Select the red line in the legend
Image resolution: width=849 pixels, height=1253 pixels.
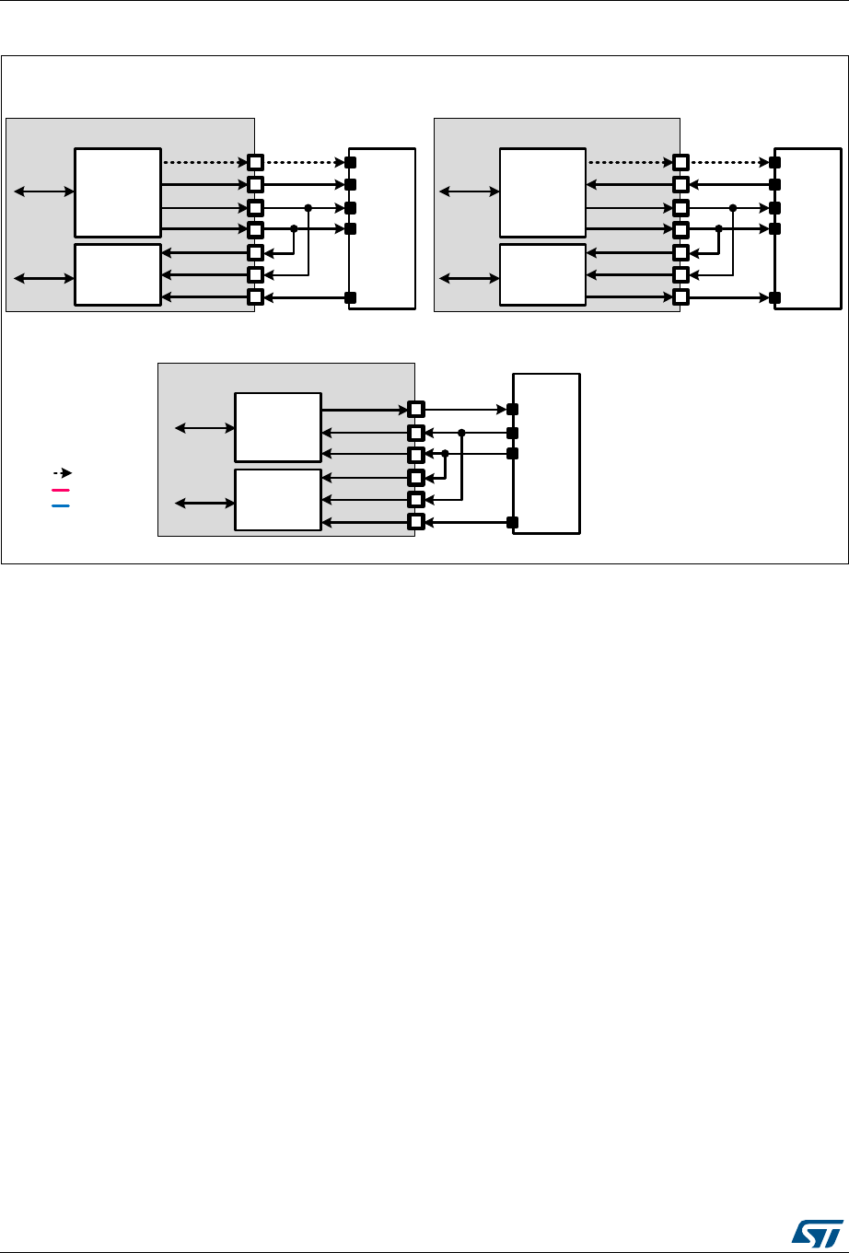click(x=61, y=490)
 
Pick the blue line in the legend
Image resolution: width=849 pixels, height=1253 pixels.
click(x=61, y=505)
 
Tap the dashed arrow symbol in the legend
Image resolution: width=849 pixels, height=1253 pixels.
click(x=63, y=472)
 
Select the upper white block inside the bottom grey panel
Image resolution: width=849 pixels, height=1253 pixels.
click(x=278, y=427)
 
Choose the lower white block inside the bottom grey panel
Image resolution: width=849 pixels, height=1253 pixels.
click(x=278, y=500)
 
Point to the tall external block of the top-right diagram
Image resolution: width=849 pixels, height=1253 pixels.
click(x=808, y=227)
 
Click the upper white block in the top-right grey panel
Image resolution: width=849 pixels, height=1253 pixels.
click(x=541, y=192)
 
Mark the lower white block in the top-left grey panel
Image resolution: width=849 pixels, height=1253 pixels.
click(x=118, y=274)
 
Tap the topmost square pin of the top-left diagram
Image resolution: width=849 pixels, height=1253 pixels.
click(x=256, y=162)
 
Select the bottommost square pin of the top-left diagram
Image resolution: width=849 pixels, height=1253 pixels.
click(x=256, y=297)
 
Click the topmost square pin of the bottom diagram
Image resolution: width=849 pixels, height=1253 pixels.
click(x=416, y=409)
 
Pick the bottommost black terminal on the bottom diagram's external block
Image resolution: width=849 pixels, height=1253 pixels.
click(x=513, y=523)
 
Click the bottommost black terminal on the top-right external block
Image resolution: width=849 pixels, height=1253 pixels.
click(x=775, y=297)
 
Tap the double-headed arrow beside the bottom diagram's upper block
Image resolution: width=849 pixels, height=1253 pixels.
click(x=205, y=427)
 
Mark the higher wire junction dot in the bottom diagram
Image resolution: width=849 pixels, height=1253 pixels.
click(x=461, y=432)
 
